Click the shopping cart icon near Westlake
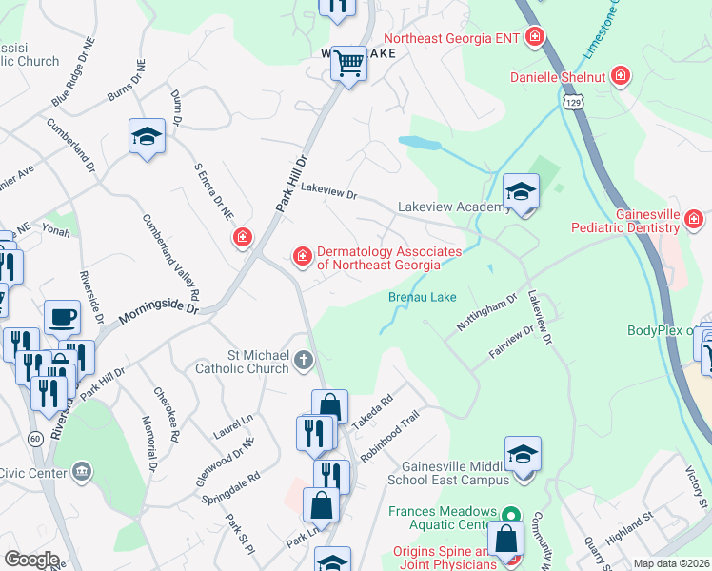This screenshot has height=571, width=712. pos(349,65)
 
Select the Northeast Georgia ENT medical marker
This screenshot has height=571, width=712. pos(535,38)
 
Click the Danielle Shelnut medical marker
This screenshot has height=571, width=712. pos(621,75)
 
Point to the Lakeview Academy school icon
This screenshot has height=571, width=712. pos(521,192)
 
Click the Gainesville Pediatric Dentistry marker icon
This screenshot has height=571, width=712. pos(695,221)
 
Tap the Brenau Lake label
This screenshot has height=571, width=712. pos(423,298)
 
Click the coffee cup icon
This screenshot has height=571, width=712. pos(63,317)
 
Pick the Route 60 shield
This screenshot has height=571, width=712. pos(34,438)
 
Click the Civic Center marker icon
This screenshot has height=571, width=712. pos(82,471)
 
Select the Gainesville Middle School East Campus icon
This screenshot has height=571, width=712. pos(523,453)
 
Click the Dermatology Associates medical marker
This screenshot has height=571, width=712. pos(303,256)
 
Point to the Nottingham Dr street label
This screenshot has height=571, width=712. pos(485,311)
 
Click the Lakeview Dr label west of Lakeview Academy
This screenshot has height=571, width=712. pos(328,193)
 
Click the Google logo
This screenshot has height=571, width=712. pos(31,560)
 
